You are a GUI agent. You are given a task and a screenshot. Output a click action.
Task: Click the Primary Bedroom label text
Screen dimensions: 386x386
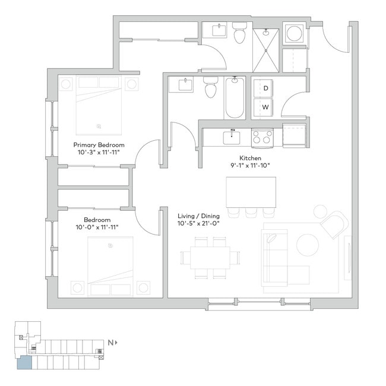(99, 145)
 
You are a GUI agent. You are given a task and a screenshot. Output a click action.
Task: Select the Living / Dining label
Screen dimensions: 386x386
(198, 216)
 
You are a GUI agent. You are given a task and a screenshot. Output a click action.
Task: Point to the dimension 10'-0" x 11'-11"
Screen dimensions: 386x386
(98, 227)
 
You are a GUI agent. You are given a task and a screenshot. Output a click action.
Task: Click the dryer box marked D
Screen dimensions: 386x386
(265, 88)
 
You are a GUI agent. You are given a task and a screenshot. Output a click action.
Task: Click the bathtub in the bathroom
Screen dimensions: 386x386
(234, 97)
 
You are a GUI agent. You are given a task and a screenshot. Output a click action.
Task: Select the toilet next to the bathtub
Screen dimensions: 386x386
(210, 88)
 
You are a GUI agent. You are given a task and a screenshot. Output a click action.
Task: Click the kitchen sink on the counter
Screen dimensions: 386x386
(232, 138)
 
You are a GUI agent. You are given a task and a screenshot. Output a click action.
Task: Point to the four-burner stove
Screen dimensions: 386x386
(262, 138)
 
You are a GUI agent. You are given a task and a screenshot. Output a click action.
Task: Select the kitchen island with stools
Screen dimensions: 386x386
(251, 191)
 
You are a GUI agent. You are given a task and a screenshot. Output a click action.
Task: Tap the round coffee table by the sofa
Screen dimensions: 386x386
(308, 244)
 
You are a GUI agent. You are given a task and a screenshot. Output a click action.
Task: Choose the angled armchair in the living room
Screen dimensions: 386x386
(334, 225)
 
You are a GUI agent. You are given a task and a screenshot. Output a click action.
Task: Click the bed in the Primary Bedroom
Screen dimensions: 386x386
(99, 106)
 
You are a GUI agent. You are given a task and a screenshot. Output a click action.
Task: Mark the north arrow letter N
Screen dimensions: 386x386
(110, 343)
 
